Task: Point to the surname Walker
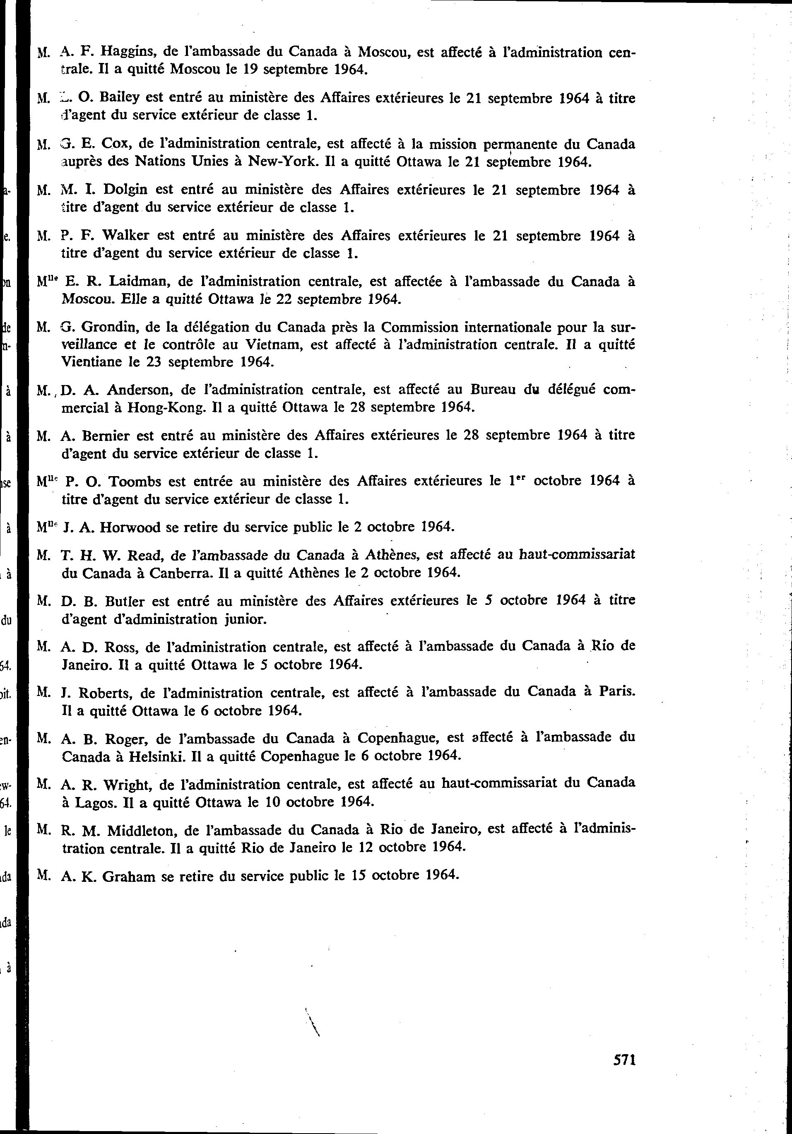coord(126,236)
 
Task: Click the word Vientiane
coord(90,361)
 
